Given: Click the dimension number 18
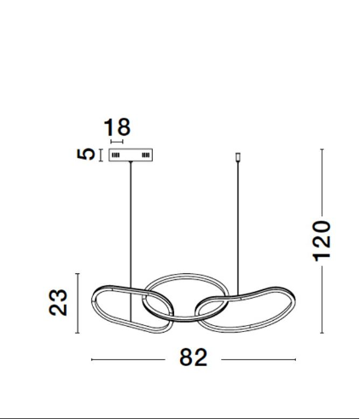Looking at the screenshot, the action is pyautogui.click(x=117, y=127).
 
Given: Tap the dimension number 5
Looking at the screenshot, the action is pyautogui.click(x=86, y=154).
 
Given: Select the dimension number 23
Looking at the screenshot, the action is pyautogui.click(x=58, y=302).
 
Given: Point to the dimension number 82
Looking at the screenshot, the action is pyautogui.click(x=194, y=358).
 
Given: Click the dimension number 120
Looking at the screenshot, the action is pyautogui.click(x=322, y=241).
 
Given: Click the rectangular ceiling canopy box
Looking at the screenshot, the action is pyautogui.click(x=131, y=155).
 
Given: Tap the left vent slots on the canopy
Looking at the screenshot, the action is pyautogui.click(x=115, y=155).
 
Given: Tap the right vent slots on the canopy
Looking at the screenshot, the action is pyautogui.click(x=146, y=155).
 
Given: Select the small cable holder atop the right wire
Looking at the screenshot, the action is pyautogui.click(x=238, y=157).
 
